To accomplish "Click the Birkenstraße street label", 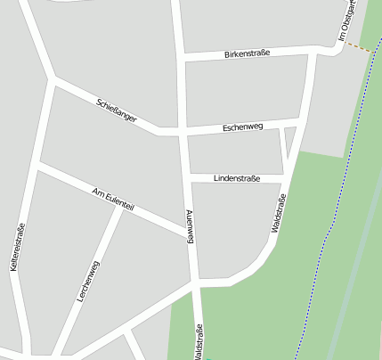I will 247,53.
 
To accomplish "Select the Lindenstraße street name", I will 237,178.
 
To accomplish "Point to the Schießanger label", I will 117,110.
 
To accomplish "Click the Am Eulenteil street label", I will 113,199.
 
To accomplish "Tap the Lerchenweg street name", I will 88,282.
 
